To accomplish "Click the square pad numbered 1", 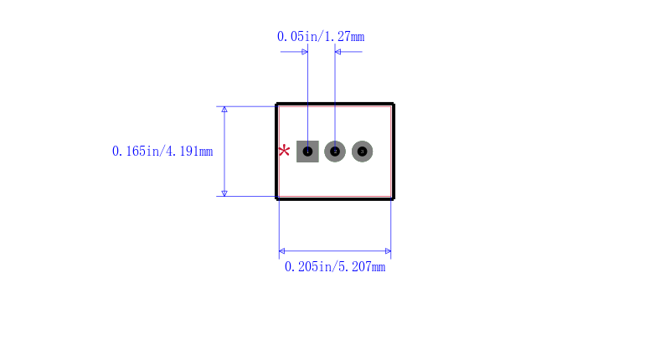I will [x=307, y=152].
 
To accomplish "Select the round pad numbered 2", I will [x=335, y=152].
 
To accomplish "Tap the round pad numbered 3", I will [x=362, y=152].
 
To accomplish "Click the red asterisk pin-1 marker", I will [x=284, y=152].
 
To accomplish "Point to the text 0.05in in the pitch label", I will [x=298, y=37].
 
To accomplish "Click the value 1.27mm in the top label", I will [x=343, y=37].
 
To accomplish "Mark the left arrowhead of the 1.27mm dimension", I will [x=304, y=52].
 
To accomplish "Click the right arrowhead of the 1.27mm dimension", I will [x=338, y=52].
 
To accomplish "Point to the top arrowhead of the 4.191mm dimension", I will [x=224, y=110].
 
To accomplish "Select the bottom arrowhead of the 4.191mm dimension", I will [x=224, y=193].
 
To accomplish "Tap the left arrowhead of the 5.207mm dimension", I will [x=282, y=251].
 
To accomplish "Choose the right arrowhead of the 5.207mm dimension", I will [x=387, y=251].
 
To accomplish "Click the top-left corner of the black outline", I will [x=277, y=105].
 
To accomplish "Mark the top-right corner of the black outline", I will [x=393, y=105].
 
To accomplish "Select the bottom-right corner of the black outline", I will [x=393, y=198].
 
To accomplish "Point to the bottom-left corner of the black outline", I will [x=277, y=198].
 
